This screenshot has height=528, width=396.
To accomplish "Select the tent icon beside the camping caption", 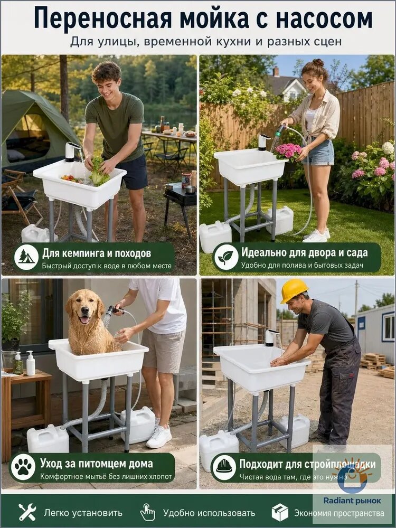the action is point(26,257).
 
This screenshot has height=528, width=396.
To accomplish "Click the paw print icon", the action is point(23,467).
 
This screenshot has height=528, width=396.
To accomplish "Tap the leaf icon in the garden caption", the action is point(226,258).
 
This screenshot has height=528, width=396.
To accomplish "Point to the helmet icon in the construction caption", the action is point(224,467).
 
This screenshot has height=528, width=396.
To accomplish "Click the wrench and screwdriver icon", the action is point(27,513).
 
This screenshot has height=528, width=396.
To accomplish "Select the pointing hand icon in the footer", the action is point(147,513).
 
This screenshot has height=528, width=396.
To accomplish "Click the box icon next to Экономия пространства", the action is point(280,513).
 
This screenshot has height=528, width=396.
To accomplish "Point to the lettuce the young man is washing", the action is point(98,171).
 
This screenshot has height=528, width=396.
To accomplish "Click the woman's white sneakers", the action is point(317,235).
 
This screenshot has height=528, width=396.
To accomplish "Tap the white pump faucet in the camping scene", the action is point(72,152).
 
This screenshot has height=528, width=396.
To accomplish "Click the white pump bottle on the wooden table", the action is point(31,363).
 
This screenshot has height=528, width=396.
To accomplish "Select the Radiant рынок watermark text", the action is point(352,501).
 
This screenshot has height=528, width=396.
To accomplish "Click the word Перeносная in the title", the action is point(103,19).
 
